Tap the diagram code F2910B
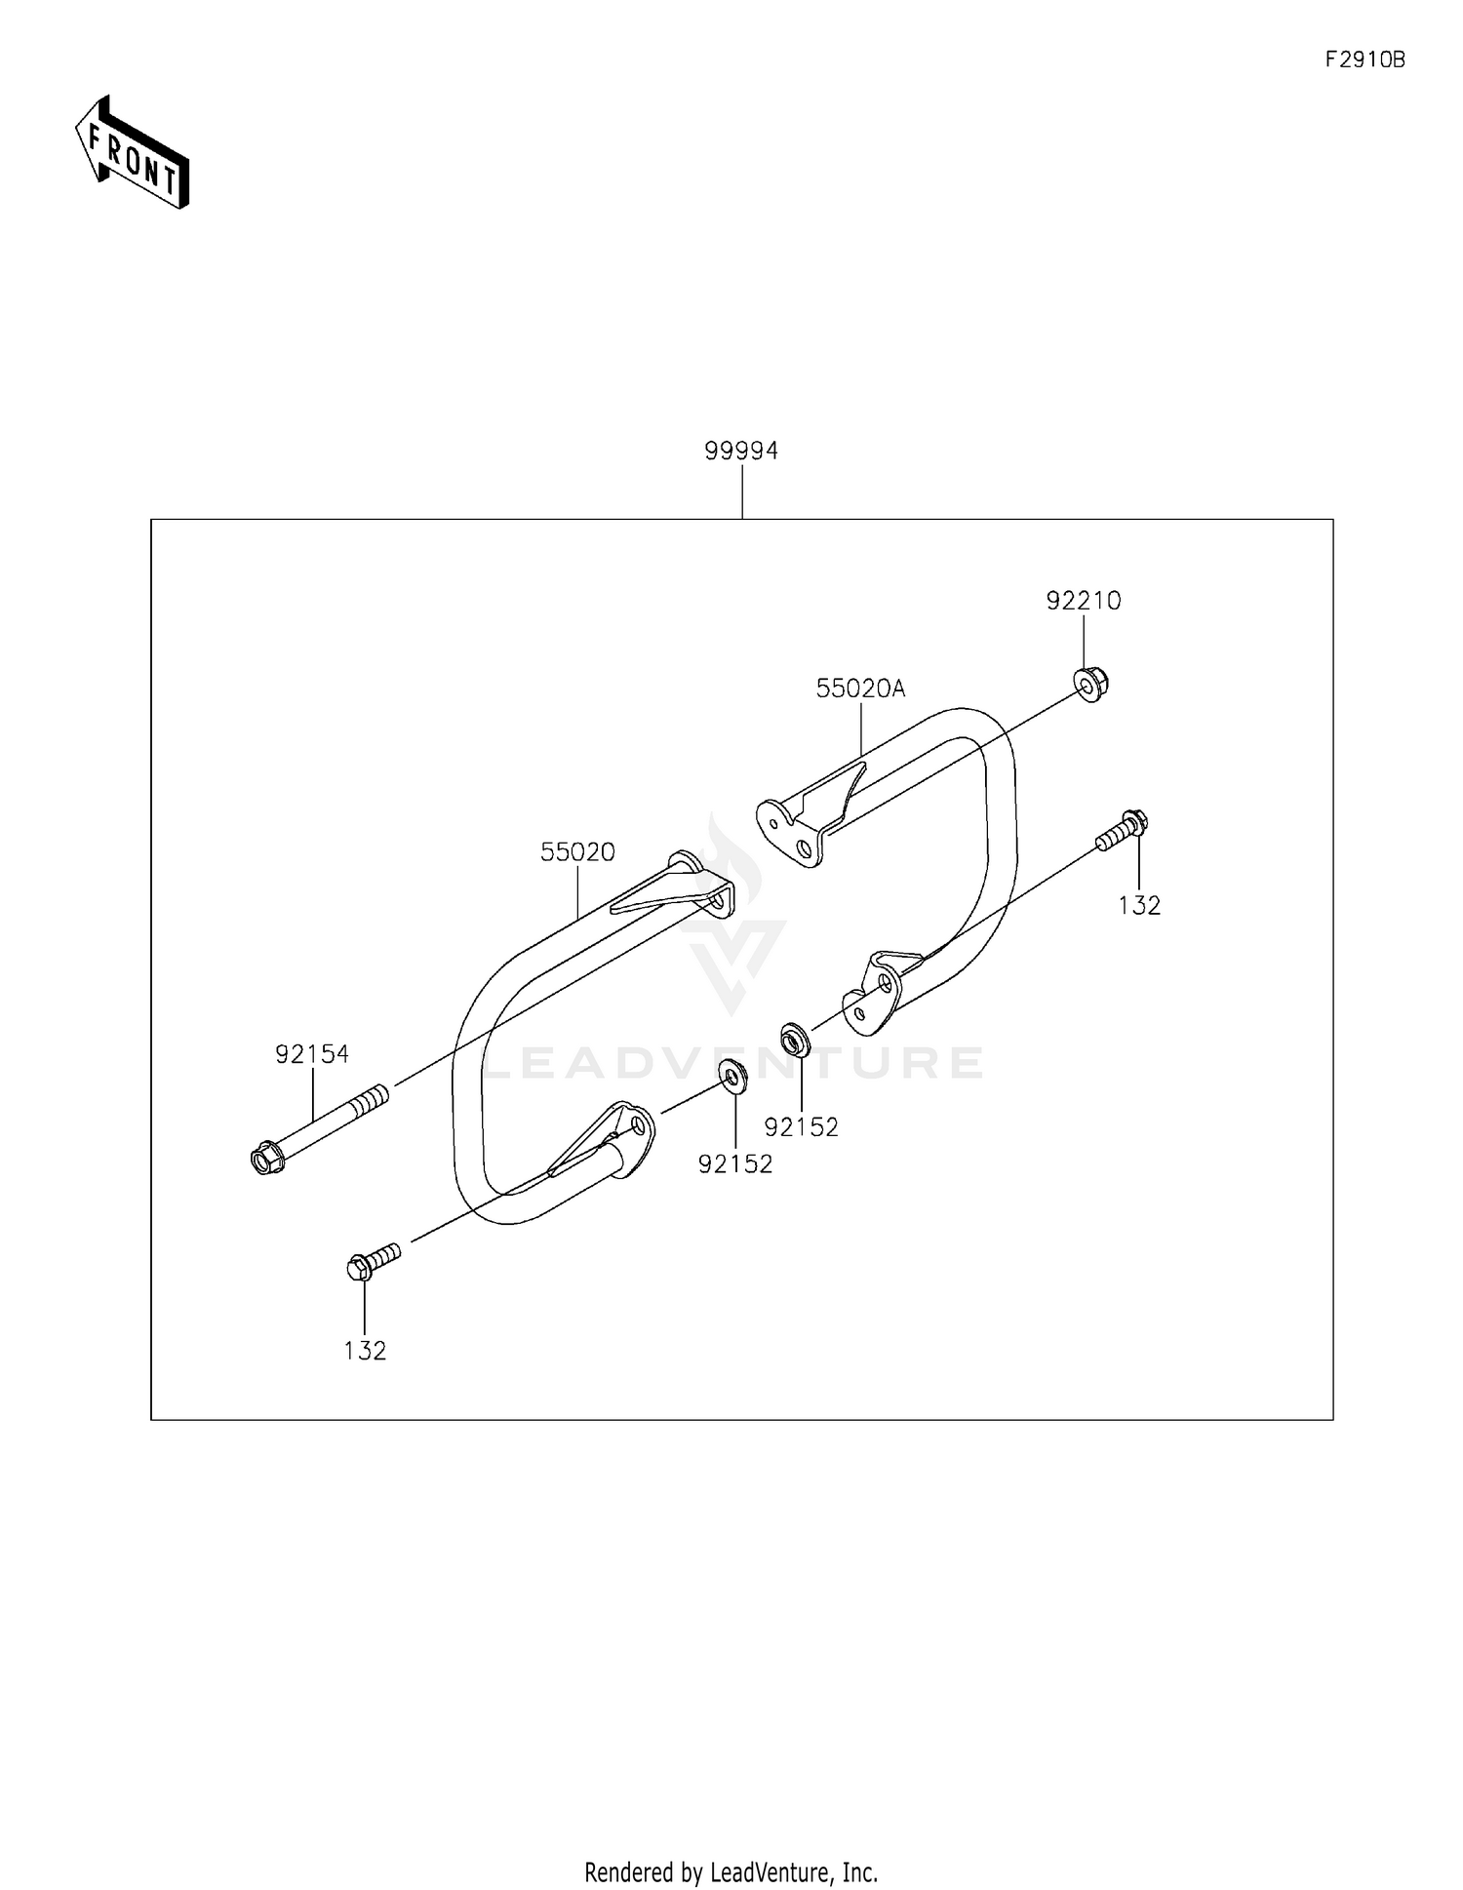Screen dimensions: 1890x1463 pyautogui.click(x=1364, y=59)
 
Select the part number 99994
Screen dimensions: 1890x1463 pyautogui.click(x=741, y=451)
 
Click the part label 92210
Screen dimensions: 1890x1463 pyautogui.click(x=1083, y=601)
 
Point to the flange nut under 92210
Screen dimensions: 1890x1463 pyautogui.click(x=1091, y=685)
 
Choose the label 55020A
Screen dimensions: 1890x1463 pyautogui.click(x=860, y=689)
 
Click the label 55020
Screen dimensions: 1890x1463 pyautogui.click(x=577, y=851)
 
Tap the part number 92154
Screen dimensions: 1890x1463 pyautogui.click(x=311, y=1053)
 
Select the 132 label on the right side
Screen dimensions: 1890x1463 pyautogui.click(x=1138, y=905)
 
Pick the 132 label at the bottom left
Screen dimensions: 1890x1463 pyautogui.click(x=365, y=1350)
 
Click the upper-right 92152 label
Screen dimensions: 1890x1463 pyautogui.click(x=801, y=1126)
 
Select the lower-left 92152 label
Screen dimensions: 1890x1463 pyautogui.click(x=734, y=1163)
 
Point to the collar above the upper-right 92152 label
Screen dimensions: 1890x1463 pyautogui.click(x=795, y=1041)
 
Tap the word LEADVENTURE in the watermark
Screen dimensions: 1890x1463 pyautogui.click(x=731, y=1062)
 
